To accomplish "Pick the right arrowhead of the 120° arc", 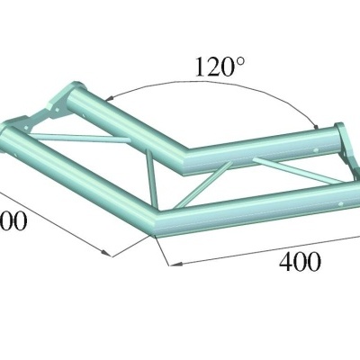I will tap(317, 123).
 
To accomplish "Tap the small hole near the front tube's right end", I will tap(340, 202).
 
